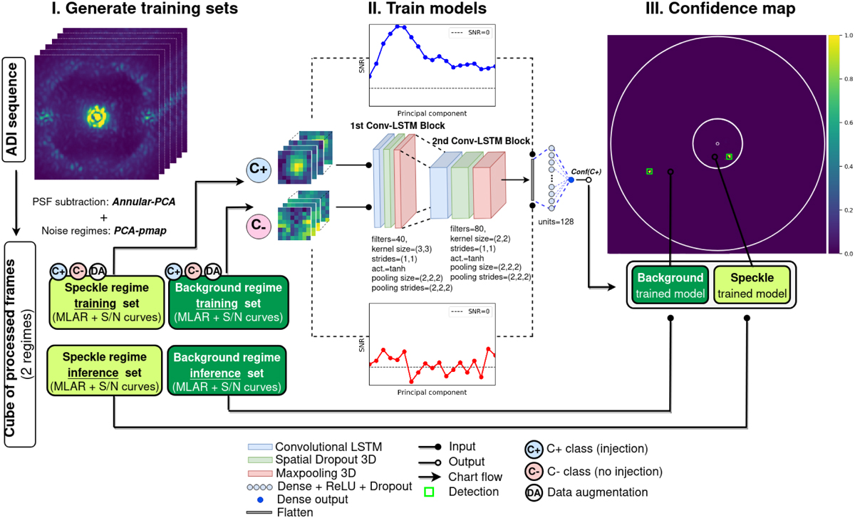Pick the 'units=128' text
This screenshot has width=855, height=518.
554,222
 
